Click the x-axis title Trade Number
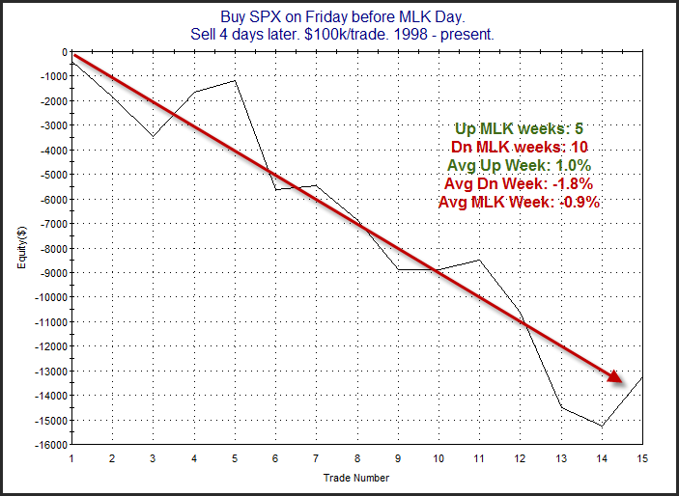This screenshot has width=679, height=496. (x=356, y=476)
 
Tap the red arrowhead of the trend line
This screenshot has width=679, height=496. (x=618, y=375)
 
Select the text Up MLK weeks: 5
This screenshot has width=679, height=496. (x=517, y=128)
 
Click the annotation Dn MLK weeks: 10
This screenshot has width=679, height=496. (x=519, y=147)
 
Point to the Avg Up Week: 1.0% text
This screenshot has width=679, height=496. (x=518, y=165)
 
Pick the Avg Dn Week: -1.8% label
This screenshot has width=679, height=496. (x=518, y=183)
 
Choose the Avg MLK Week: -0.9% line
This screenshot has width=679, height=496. (x=519, y=203)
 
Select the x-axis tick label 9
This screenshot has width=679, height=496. (x=398, y=458)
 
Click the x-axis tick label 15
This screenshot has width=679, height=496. (x=641, y=458)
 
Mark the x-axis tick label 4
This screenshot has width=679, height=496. (x=194, y=458)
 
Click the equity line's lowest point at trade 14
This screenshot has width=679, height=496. (x=602, y=426)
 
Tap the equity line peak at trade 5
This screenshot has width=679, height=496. (x=235, y=81)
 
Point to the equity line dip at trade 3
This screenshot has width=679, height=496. (x=154, y=136)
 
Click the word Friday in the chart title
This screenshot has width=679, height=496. (x=396, y=16)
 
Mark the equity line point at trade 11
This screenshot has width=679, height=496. (x=479, y=260)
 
